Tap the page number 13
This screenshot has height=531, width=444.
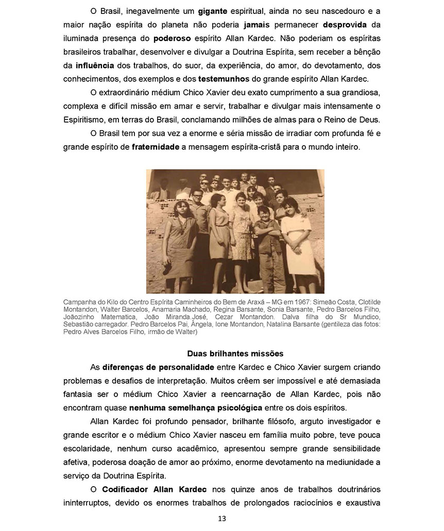222,519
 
